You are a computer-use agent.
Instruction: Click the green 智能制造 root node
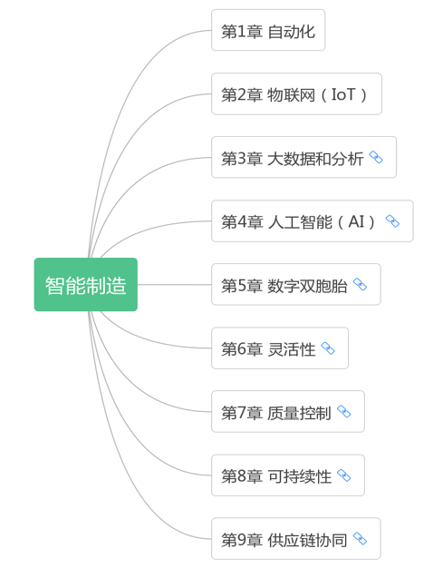(86, 284)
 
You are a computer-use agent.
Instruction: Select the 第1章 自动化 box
(268, 30)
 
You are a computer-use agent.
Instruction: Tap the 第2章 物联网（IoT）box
(296, 93)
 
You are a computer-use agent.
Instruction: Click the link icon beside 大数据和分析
(376, 157)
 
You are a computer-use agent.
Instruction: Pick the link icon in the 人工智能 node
(392, 221)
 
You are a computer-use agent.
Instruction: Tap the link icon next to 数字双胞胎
(360, 285)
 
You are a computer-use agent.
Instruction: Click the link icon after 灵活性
(328, 348)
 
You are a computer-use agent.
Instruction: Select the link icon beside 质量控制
(343, 412)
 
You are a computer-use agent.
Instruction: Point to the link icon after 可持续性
(343, 475)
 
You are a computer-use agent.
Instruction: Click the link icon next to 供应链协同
(360, 539)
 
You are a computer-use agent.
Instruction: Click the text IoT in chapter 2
(343, 94)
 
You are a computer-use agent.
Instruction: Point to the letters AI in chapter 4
(356, 221)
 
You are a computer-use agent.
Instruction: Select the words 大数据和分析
(315, 159)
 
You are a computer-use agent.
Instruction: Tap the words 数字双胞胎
(307, 286)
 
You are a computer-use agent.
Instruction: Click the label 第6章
(242, 349)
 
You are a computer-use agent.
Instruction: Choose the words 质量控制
(299, 413)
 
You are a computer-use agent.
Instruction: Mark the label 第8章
(242, 476)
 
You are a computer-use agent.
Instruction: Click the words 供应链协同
(307, 540)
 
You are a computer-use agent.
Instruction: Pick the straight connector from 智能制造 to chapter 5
(174, 284)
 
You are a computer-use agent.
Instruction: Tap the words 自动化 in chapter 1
(292, 32)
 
